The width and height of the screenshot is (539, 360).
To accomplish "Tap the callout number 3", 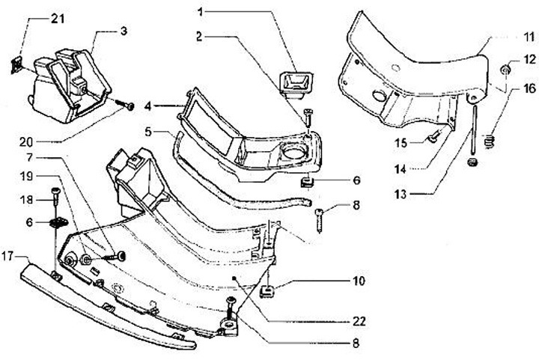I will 123,31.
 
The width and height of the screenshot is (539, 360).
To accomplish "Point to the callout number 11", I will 529,36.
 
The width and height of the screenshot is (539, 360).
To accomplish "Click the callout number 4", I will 148,105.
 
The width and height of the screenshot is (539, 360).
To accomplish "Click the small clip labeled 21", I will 15,65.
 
